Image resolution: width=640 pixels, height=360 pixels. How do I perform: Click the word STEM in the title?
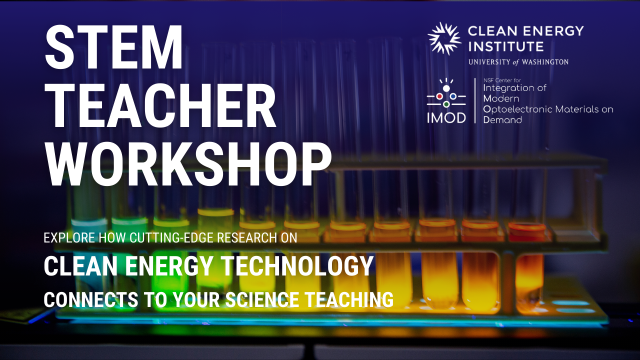113,47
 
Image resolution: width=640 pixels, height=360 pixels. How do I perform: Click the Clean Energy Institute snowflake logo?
444,38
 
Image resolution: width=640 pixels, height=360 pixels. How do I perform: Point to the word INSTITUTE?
505,46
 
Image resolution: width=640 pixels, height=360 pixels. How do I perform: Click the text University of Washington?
518,62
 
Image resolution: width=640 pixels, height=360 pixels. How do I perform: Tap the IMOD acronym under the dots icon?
446,117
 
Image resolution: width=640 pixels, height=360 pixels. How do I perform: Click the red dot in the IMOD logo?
439,96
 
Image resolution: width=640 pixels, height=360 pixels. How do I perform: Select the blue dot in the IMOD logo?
453,96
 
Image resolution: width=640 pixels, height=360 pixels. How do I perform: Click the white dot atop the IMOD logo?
446,88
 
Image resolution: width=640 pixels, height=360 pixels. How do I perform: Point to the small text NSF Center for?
502,80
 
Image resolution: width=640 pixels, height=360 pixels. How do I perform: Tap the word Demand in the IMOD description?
502,119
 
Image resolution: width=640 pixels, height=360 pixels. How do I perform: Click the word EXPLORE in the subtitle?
69,237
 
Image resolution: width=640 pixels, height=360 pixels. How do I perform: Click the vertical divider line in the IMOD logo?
475,100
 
